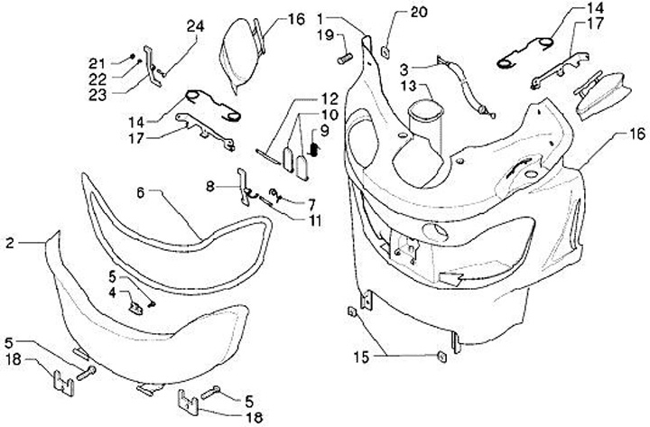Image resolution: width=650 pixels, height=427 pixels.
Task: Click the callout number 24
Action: (195, 27)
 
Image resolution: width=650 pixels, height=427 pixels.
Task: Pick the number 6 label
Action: (142, 191)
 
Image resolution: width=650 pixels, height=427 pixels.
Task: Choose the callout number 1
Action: (323, 18)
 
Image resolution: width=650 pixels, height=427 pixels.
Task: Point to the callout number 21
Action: (121, 61)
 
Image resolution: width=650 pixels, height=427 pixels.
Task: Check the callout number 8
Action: (209, 187)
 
